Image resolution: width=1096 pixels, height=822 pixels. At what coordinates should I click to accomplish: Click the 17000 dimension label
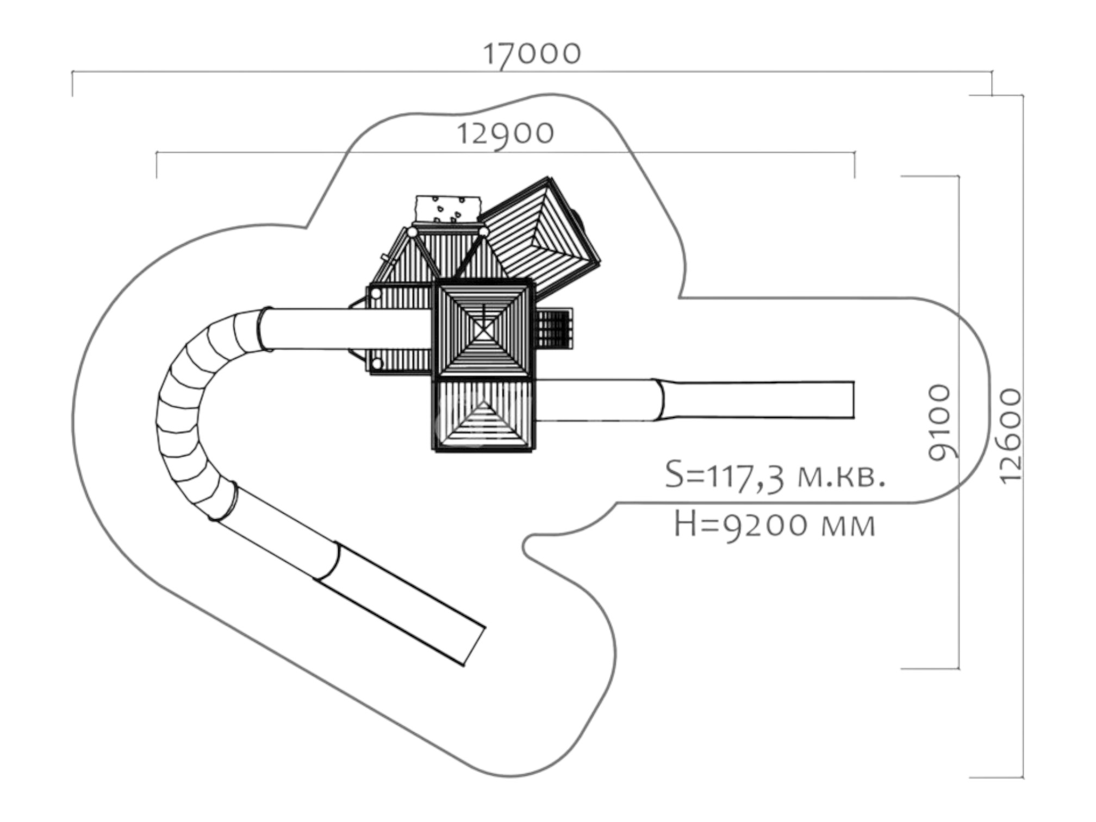[x=532, y=54]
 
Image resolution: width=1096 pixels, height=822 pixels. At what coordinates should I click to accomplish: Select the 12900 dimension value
[x=506, y=134]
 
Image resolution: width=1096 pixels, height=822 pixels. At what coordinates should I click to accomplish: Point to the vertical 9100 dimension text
[x=940, y=423]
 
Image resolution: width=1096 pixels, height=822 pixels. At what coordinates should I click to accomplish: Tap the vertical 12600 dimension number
[x=1011, y=435]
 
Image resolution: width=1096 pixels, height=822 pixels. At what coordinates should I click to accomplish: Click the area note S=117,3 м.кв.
[x=775, y=477]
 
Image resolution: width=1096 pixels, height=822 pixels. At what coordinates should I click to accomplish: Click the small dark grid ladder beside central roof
[x=554, y=328]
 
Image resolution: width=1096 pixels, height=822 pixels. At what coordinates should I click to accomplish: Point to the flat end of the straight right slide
[x=853, y=400]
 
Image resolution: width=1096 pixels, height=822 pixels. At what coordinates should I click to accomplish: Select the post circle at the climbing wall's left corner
[x=413, y=232]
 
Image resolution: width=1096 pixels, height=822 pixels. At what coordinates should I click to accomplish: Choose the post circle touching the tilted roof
[x=483, y=232]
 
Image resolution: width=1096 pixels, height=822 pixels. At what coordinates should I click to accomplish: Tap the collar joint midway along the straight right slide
[x=661, y=400]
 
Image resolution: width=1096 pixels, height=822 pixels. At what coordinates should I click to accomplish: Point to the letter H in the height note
[x=684, y=525]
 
